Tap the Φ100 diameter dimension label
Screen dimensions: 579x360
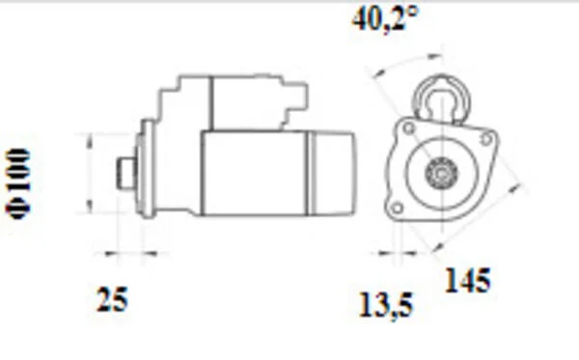pos(17,184)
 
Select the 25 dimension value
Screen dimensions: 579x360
pos(112,299)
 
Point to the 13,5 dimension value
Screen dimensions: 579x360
pos(386,305)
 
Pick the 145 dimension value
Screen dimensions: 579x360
pos(468,280)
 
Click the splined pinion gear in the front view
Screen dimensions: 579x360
pos(441,172)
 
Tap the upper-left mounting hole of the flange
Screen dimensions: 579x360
pos(409,128)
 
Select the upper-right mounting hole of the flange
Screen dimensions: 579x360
pos(486,139)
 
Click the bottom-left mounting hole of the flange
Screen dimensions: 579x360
pos(397,208)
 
